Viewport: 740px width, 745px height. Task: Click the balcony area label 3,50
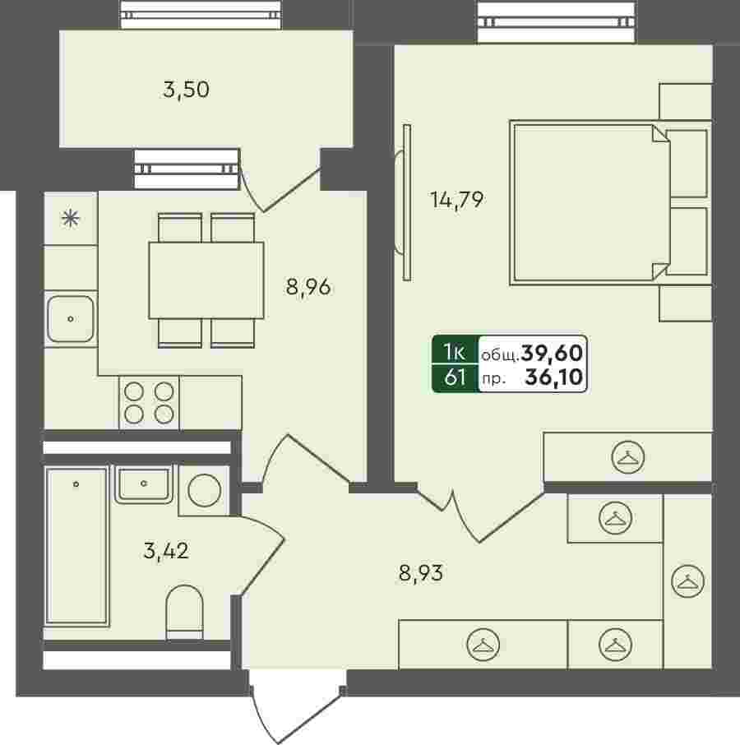coord(186,90)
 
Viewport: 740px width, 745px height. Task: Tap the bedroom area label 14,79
coord(457,200)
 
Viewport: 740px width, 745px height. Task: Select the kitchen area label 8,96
coord(308,287)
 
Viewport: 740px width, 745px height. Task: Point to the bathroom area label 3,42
coord(166,551)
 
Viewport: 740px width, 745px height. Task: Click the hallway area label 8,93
coord(421,573)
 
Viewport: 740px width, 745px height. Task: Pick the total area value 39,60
coord(552,353)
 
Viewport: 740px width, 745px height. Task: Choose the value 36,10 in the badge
coord(554,377)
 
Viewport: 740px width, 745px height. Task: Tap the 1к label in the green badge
coord(454,353)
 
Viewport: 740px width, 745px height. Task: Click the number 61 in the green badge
coord(455,377)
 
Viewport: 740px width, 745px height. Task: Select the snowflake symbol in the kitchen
coord(70,219)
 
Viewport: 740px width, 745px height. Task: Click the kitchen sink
coord(70,319)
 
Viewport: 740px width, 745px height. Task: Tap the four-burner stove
coord(149,403)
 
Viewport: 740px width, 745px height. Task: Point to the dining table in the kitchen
coord(206,280)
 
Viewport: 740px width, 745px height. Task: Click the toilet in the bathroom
coord(184,612)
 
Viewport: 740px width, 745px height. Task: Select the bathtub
coord(76,545)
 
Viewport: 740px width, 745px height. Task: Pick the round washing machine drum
coord(204,490)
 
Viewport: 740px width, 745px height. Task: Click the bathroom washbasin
coord(143,484)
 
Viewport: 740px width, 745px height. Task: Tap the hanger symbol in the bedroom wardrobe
coord(628,457)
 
